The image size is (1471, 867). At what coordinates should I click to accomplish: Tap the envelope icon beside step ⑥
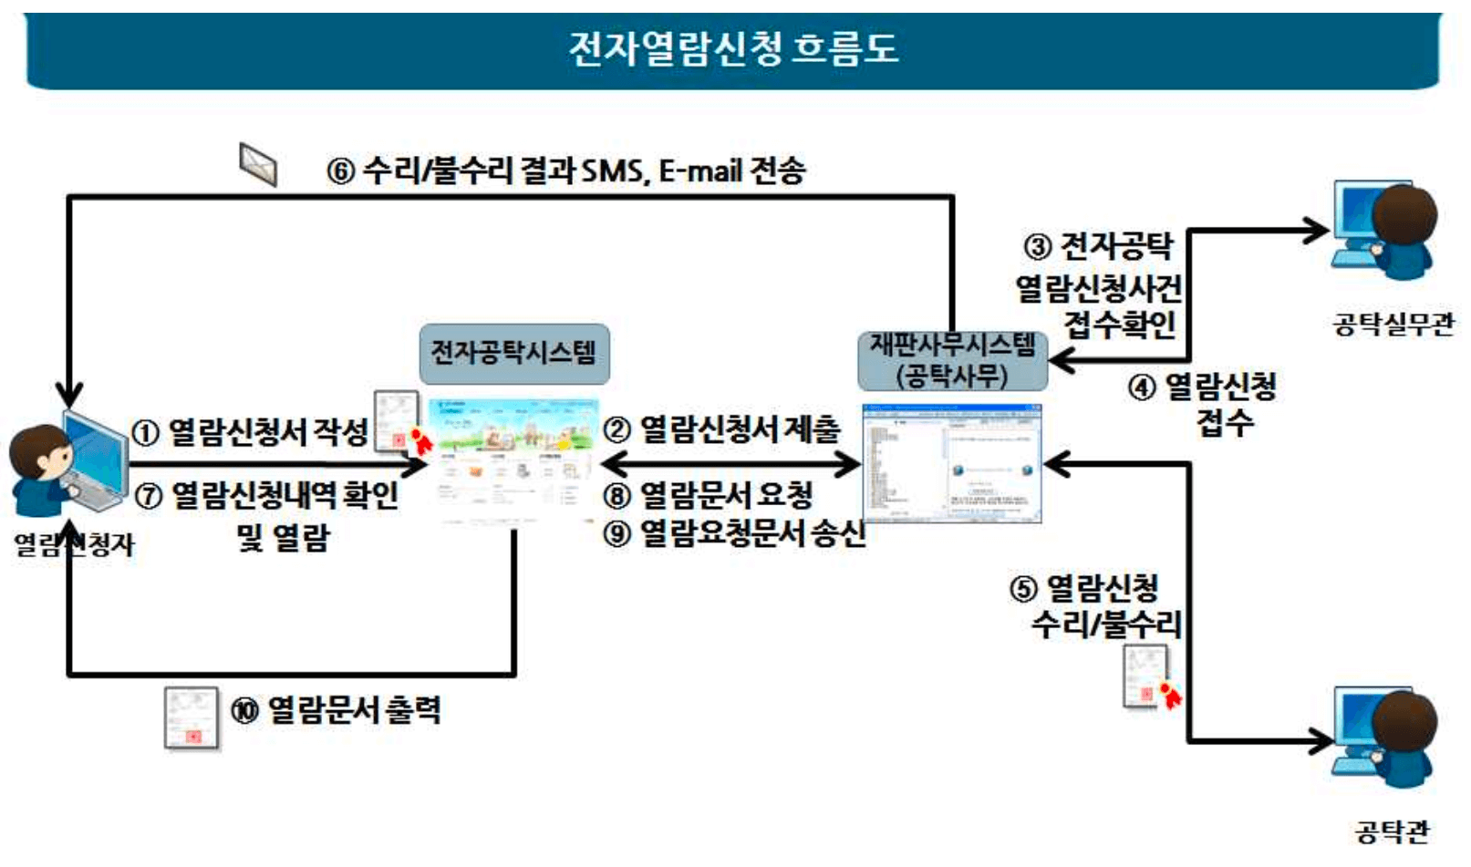258,164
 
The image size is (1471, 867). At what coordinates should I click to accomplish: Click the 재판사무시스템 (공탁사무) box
951,360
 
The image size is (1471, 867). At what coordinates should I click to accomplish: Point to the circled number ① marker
146,432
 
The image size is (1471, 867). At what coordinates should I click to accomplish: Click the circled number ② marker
617,429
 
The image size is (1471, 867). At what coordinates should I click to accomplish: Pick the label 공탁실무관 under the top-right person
1393,325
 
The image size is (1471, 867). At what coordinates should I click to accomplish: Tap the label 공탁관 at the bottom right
1392,831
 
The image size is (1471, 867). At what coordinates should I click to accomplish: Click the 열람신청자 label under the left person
73,545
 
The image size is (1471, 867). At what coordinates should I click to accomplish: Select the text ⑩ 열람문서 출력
336,710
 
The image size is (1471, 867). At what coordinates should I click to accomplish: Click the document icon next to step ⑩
192,718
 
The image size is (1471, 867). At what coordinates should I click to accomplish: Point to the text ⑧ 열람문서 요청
708,495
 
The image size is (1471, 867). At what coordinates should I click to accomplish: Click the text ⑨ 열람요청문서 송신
733,533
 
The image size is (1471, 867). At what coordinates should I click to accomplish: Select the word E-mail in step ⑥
699,171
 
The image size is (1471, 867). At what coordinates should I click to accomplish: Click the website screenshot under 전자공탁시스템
513,460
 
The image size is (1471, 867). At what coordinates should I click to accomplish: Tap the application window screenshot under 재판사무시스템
951,463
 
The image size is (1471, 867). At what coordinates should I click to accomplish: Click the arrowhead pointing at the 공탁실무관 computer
1317,231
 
